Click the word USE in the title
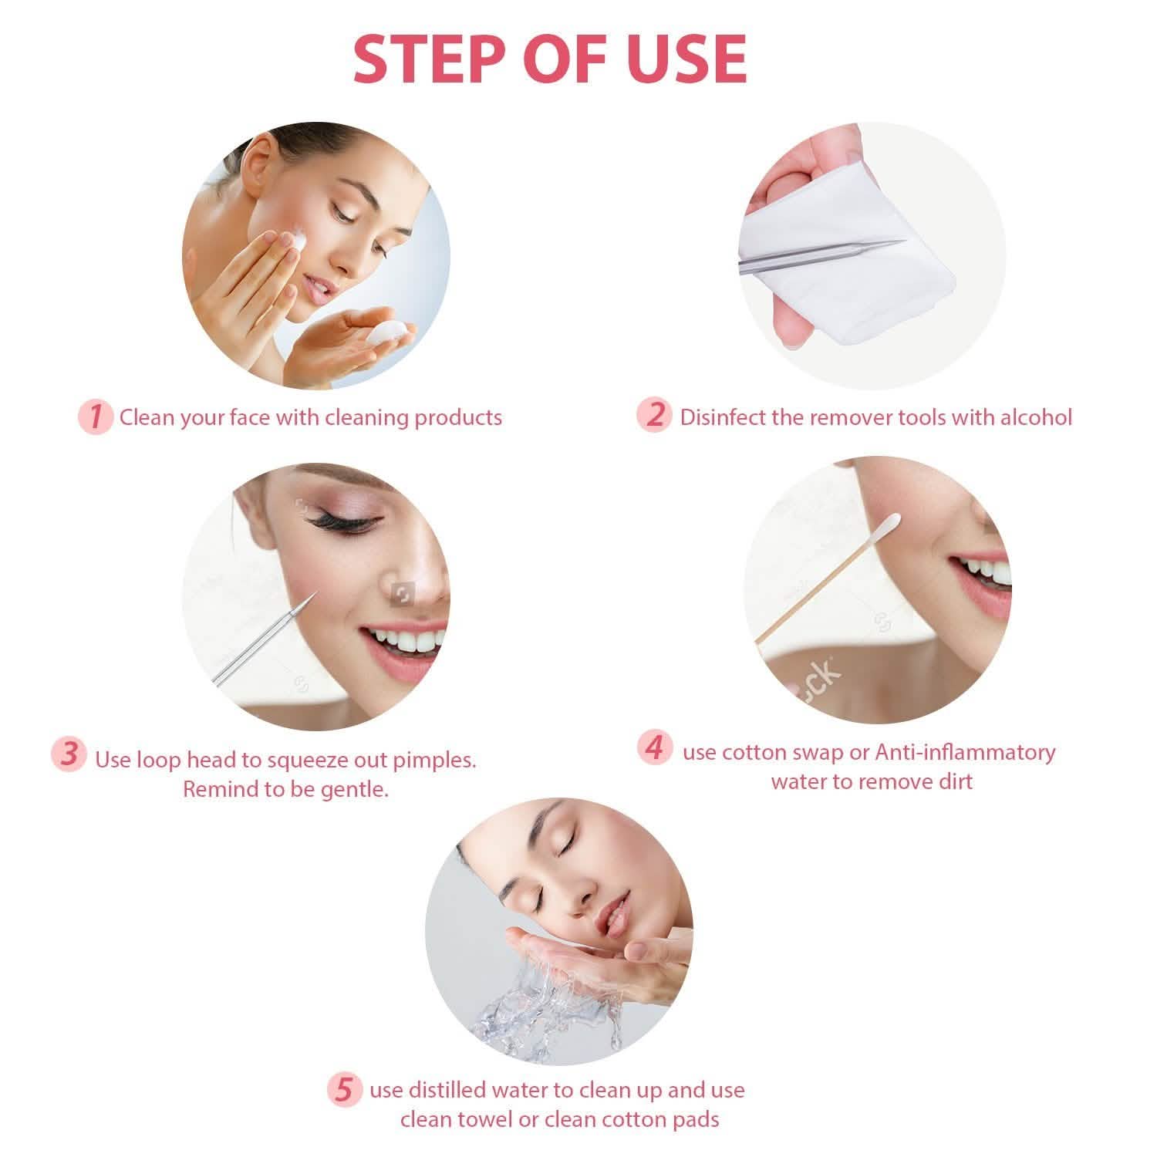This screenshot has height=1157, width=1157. coord(686,59)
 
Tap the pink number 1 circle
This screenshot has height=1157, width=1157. coord(96,417)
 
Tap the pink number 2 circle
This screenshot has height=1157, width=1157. coord(655,415)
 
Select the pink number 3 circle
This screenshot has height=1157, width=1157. coord(69,754)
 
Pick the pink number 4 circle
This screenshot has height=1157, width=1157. coord(654,747)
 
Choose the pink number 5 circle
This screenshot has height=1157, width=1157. coord(344,1091)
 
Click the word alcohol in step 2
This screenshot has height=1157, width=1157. coord(1036,417)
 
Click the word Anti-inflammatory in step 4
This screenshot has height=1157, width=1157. coord(965,751)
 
